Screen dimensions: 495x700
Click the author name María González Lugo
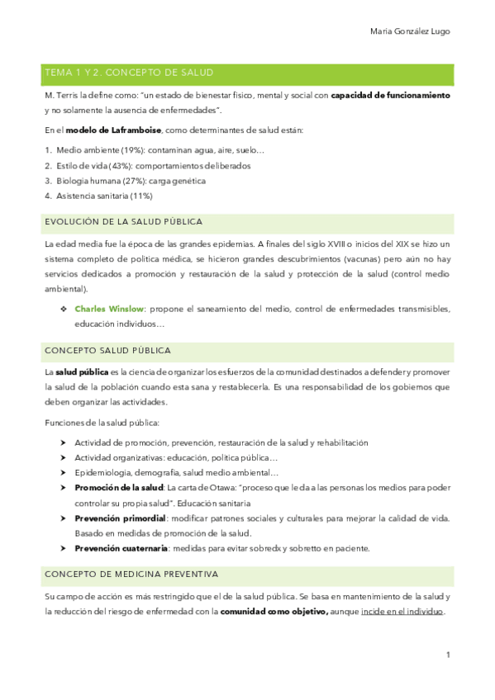point(410,32)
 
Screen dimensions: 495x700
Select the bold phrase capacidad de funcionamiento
point(390,96)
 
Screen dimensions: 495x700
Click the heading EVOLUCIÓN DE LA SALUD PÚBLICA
point(123,222)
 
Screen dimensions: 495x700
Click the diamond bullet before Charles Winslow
point(63,308)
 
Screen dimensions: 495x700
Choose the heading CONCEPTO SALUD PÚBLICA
point(107,350)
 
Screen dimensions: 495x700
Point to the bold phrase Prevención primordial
point(120,518)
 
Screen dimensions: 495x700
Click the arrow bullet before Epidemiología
point(63,473)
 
